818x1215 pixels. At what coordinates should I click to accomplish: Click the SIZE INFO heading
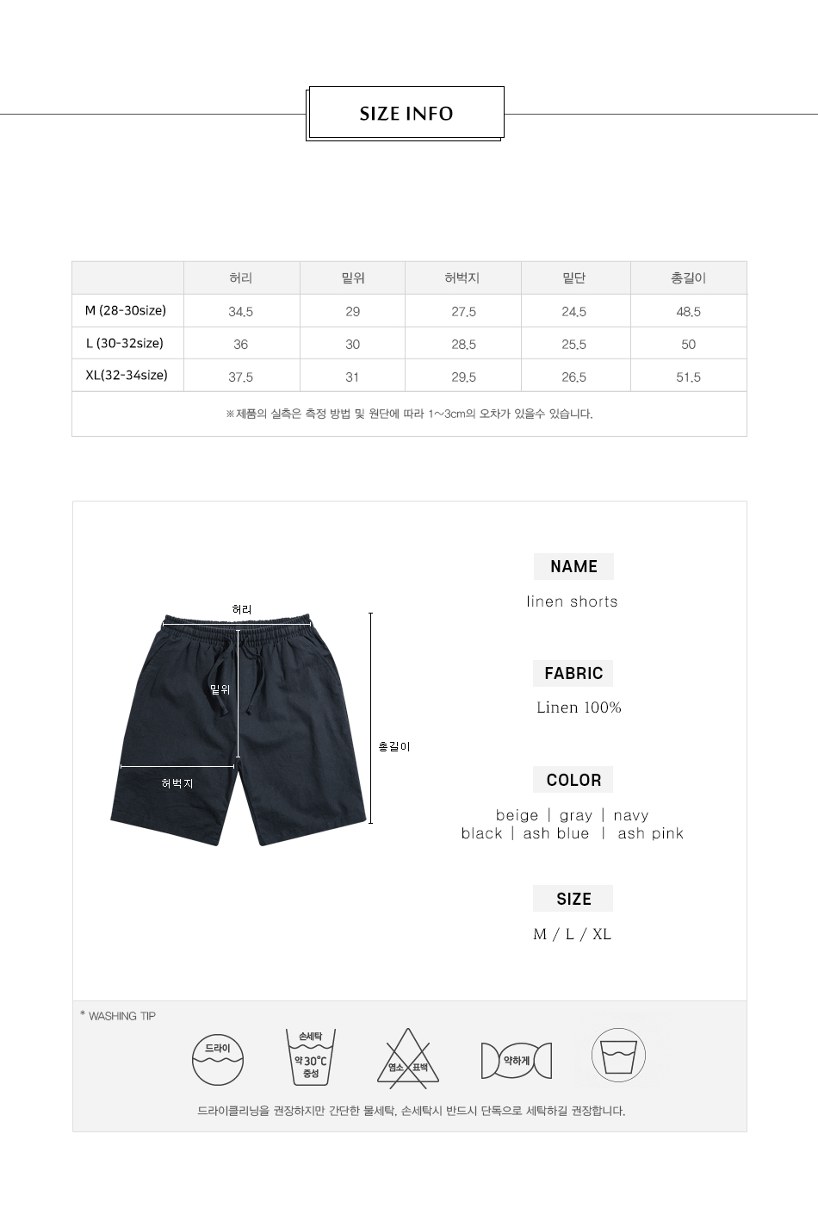tap(406, 114)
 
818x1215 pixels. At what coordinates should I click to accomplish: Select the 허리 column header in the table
tap(240, 278)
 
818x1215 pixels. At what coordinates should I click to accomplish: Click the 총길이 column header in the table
tap(688, 278)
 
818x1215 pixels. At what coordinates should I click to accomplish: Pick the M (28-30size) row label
tap(126, 310)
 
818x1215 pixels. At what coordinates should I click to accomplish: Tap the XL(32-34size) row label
tap(127, 375)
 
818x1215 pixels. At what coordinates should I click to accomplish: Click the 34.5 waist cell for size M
tap(240, 312)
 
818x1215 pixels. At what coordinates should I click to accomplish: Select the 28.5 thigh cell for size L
tap(463, 344)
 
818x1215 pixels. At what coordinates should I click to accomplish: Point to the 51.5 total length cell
tap(688, 377)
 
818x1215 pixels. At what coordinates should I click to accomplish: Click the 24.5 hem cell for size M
tap(573, 312)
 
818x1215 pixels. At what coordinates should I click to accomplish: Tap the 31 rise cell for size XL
tap(352, 377)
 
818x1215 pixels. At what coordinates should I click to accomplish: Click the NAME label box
tap(573, 566)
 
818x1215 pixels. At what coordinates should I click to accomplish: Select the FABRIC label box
tap(573, 673)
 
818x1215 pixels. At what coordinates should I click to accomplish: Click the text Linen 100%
tap(579, 707)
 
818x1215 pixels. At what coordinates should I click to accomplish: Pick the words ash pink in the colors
tap(650, 833)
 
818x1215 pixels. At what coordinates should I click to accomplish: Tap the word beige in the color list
tap(517, 815)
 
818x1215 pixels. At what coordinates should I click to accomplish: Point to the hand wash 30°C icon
tap(311, 1057)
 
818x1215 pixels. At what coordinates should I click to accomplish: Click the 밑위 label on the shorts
tap(220, 689)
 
